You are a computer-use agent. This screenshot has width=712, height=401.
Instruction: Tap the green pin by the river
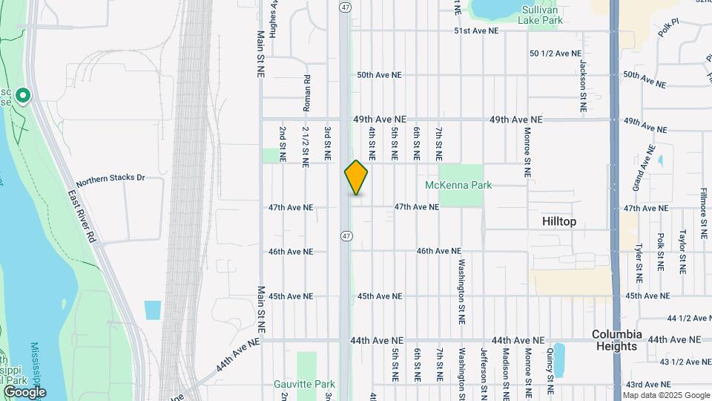[23, 96]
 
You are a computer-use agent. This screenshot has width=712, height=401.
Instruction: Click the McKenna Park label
[458, 185]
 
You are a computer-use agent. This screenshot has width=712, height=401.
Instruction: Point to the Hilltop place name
[558, 221]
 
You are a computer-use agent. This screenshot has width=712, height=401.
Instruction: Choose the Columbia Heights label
[616, 340]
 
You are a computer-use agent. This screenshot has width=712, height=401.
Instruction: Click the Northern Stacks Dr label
[110, 178]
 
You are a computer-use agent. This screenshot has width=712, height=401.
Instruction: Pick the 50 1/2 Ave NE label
[556, 53]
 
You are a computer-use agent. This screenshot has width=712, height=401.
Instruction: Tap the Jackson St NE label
[584, 88]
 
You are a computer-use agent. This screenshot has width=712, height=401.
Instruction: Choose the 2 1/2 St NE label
[306, 144]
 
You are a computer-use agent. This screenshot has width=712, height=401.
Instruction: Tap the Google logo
[24, 391]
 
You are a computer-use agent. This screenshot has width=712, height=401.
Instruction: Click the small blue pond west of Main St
[152, 310]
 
